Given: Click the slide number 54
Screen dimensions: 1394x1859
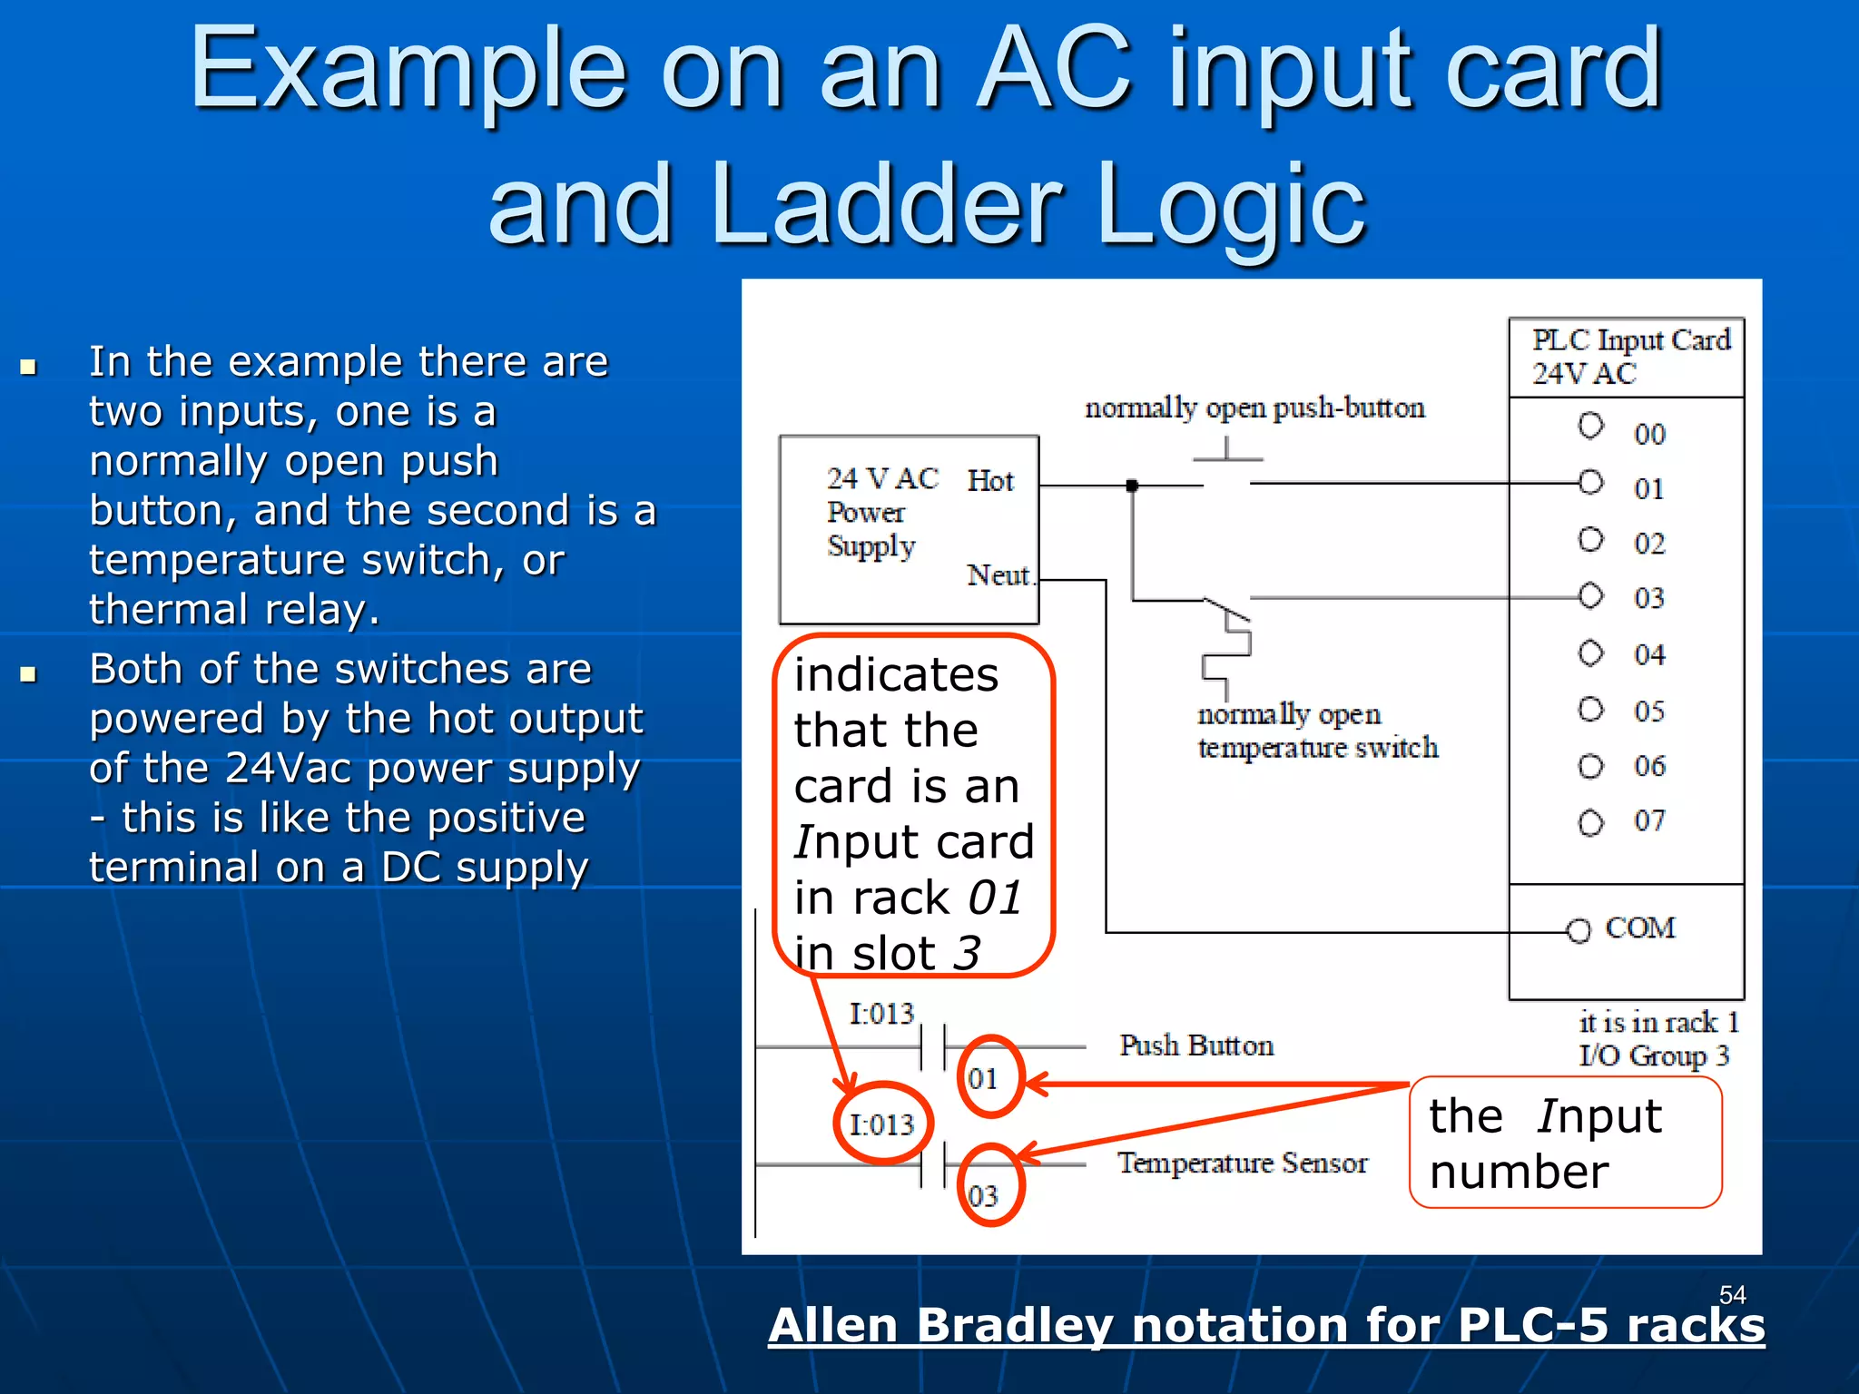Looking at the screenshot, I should (x=1732, y=1294).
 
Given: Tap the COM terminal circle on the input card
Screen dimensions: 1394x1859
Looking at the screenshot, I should (x=1579, y=930).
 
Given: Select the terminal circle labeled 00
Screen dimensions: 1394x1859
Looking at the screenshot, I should (x=1590, y=426).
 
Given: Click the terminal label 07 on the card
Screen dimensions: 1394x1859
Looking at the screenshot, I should (x=1649, y=821).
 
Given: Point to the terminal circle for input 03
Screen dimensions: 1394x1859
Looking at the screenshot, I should (x=1590, y=596).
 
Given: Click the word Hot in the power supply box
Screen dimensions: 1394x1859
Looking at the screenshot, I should (x=989, y=480).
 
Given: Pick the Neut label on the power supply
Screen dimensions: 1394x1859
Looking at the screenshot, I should (x=998, y=575).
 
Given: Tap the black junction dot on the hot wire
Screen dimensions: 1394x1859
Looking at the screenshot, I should (x=1132, y=486).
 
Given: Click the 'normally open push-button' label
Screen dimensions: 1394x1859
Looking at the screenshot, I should (x=1254, y=407).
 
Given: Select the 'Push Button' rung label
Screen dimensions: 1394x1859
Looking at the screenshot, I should (x=1195, y=1045).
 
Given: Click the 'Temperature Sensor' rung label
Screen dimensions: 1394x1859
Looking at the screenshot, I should (x=1242, y=1163).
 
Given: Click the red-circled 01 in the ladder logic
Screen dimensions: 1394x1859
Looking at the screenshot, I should (x=983, y=1078).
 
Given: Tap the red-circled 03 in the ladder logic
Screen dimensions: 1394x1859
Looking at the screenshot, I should (x=983, y=1195).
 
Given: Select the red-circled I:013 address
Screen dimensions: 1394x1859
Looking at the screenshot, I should (x=881, y=1124).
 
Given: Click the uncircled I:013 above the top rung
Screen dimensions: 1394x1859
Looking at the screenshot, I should (x=881, y=1013).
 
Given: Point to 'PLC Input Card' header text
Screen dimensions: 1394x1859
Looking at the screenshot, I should (x=1631, y=340).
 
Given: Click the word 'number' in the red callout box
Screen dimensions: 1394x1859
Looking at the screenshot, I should (x=1519, y=1172).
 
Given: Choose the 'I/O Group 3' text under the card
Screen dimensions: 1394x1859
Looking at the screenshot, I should (x=1654, y=1055).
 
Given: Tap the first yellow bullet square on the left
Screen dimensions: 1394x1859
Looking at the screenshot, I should (x=28, y=367).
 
